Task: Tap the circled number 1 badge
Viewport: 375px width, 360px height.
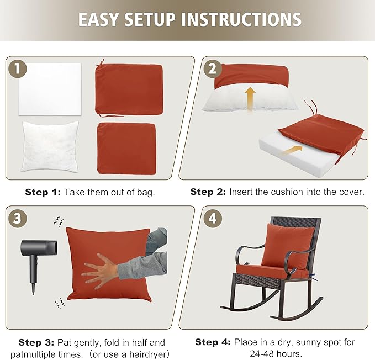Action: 19,69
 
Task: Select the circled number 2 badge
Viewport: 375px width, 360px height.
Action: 212,69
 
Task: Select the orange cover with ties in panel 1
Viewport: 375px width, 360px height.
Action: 129,89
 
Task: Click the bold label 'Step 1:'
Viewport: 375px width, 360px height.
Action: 43,192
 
